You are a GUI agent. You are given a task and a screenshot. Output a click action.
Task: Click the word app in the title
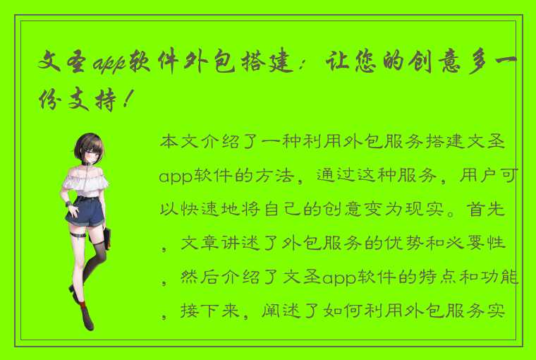106,63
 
